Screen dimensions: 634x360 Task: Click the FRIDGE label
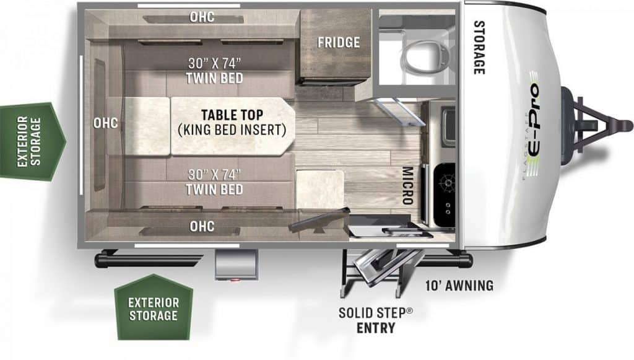[339, 42]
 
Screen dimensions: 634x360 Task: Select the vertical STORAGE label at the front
[479, 47]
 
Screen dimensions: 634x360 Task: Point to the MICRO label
[407, 186]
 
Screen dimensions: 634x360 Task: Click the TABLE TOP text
[232, 115]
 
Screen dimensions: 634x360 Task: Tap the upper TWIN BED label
[214, 77]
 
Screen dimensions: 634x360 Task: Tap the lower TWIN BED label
[214, 189]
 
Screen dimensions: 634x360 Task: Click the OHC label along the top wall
[202, 17]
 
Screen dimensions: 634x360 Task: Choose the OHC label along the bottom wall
[202, 226]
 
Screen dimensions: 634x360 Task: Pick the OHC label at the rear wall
[105, 123]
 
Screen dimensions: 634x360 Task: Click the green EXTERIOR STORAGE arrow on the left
[32, 141]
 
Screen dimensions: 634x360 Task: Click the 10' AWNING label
[459, 286]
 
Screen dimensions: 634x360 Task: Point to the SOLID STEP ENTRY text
[376, 320]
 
